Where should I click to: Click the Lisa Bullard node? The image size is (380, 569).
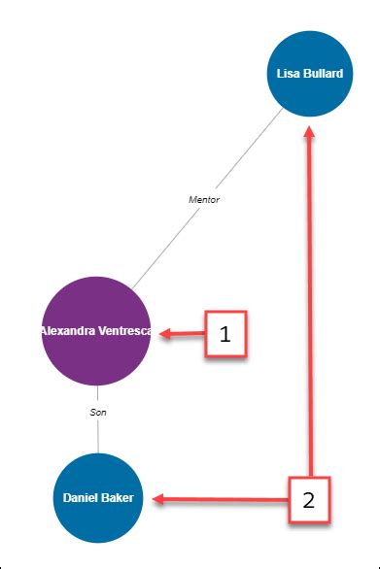click(309, 74)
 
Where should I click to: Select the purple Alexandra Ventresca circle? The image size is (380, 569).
click(96, 331)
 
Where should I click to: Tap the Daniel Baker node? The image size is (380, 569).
click(97, 497)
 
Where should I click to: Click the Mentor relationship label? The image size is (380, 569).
click(204, 199)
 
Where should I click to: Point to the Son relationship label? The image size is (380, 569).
click(97, 413)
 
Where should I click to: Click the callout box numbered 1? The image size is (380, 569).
click(225, 335)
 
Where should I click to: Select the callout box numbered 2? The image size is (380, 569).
click(309, 500)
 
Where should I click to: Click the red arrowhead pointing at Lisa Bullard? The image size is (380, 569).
click(309, 136)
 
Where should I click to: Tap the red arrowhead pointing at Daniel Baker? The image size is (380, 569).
click(158, 499)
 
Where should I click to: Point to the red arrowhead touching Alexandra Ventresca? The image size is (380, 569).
click(165, 334)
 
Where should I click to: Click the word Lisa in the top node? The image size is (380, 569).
click(288, 74)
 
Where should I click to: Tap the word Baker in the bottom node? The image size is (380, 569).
click(118, 497)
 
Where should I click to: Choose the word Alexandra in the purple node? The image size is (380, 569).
click(68, 331)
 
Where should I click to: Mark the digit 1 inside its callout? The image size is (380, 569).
click(225, 335)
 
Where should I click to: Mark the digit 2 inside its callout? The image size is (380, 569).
click(309, 501)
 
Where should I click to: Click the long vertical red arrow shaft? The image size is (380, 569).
click(309, 311)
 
